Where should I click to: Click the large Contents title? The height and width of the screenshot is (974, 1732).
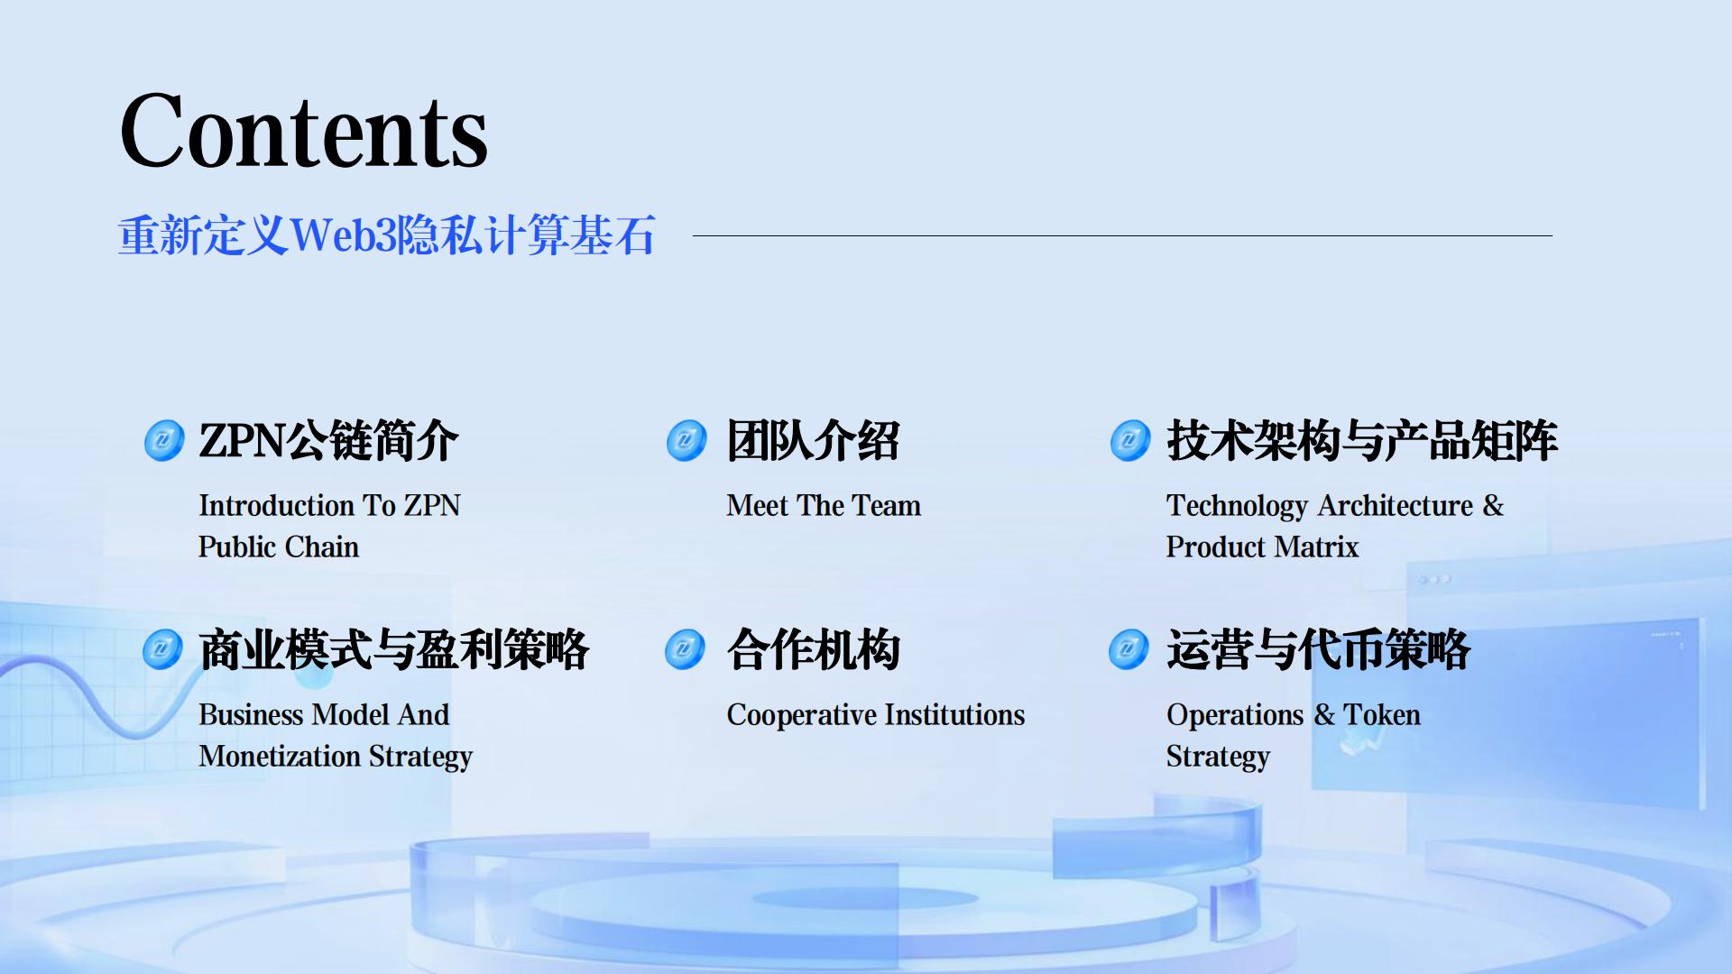[x=303, y=132]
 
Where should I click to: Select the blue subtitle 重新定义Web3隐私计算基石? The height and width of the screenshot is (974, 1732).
[x=387, y=235]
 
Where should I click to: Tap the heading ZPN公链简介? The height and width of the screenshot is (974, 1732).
[x=328, y=441]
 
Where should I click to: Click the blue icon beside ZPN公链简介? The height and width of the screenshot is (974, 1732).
[x=164, y=441]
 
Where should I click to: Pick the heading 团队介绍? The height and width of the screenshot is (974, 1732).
[x=813, y=441]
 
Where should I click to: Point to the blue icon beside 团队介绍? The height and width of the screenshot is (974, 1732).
[x=686, y=441]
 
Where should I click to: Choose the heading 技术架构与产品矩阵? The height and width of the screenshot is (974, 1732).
[x=1362, y=441]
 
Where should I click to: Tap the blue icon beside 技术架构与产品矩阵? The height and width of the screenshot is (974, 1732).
[x=1130, y=441]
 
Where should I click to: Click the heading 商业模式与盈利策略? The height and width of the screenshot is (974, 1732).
[x=393, y=649]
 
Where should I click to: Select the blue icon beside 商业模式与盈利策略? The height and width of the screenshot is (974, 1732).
[x=163, y=649]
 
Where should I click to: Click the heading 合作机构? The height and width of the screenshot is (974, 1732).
[x=813, y=649]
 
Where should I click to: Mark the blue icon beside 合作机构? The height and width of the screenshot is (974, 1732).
[x=685, y=649]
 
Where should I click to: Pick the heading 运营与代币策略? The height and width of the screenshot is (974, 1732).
[x=1318, y=649]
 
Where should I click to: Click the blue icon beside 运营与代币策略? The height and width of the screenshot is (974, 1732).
[x=1129, y=649]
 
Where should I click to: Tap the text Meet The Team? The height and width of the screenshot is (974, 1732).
[x=824, y=506]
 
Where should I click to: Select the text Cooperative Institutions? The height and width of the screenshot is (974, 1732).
[x=876, y=715]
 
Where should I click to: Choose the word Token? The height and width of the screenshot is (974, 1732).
[x=1382, y=715]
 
